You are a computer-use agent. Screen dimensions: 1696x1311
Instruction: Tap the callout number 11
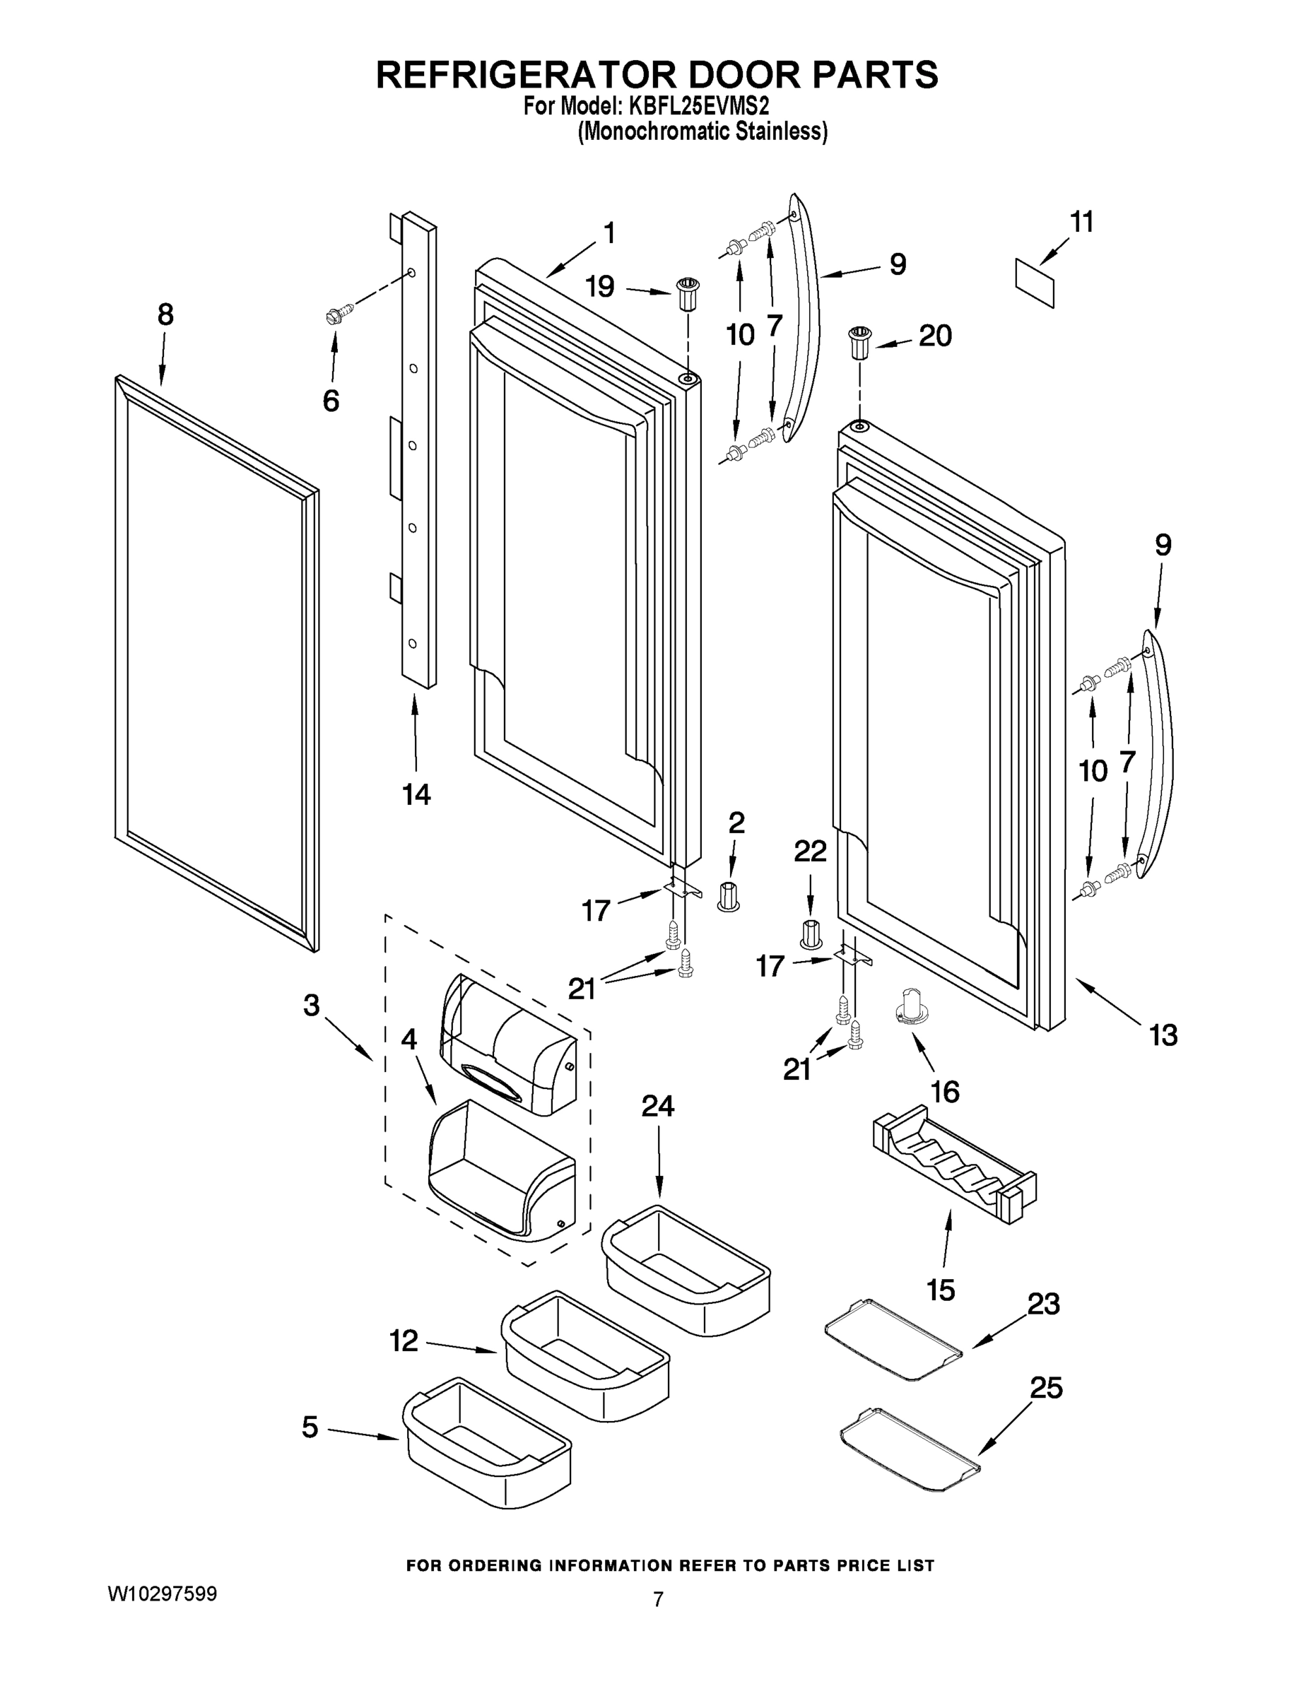[x=1081, y=222]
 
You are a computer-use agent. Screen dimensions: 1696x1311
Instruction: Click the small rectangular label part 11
[x=1035, y=283]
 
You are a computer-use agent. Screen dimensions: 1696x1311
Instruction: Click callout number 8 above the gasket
[x=165, y=314]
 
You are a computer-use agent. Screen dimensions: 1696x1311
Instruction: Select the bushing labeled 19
[x=686, y=292]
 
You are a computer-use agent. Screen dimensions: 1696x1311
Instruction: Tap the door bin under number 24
[x=686, y=1259]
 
